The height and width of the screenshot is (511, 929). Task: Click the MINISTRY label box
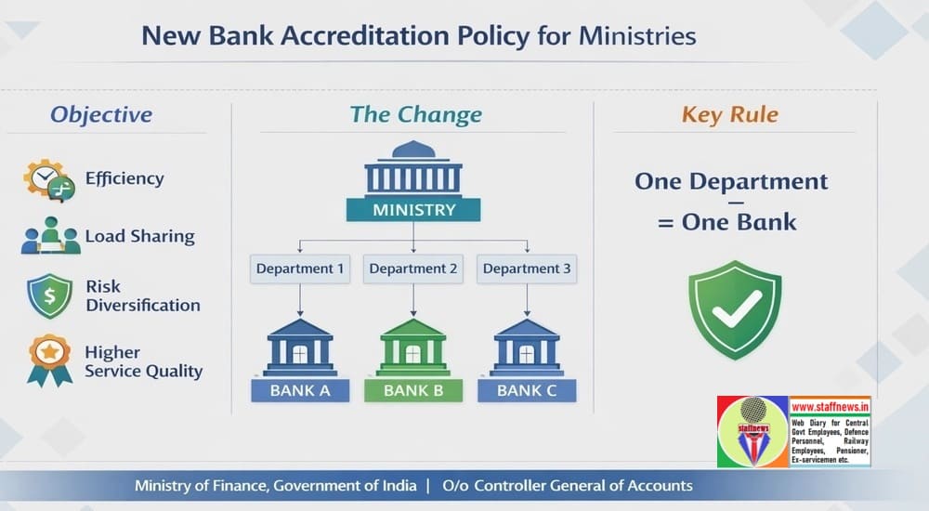point(413,209)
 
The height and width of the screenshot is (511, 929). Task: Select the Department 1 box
point(300,269)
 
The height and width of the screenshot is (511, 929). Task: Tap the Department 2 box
point(413,269)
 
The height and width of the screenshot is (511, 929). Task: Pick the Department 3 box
point(527,269)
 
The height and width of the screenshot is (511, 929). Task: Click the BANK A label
point(300,390)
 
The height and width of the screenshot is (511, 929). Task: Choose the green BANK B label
point(413,390)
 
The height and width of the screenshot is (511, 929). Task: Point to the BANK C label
point(527,390)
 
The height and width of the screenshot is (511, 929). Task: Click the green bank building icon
point(413,347)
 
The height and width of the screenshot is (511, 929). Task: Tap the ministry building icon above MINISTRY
point(413,167)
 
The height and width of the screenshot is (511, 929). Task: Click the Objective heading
point(101,115)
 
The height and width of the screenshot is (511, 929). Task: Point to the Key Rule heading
point(730,115)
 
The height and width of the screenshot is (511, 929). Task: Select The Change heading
point(415,115)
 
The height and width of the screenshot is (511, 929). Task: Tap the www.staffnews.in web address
point(830,406)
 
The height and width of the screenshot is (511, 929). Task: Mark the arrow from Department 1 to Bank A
point(300,299)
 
